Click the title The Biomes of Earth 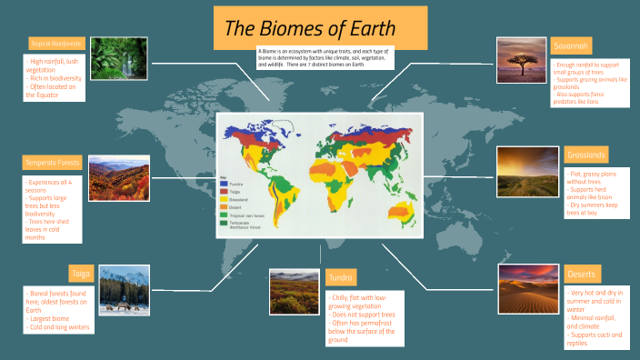click(309, 28)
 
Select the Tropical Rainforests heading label click(56, 43)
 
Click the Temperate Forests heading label click(52, 163)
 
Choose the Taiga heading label click(80, 273)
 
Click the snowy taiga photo click(125, 289)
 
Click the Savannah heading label click(572, 45)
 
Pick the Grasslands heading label click(585, 155)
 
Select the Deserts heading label click(582, 274)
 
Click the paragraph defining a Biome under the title click(325, 57)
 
